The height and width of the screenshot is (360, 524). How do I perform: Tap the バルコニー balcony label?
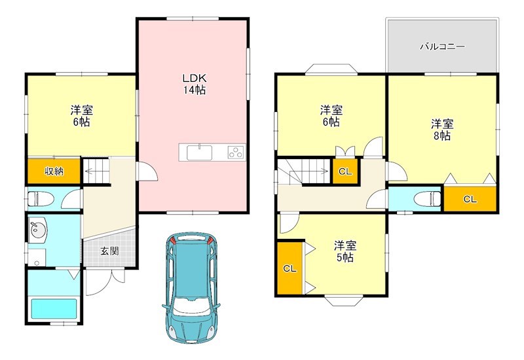[x=442, y=47]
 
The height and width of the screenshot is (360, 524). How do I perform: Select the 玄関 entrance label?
[x=109, y=251]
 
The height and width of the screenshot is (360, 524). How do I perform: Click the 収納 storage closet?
[x=53, y=171]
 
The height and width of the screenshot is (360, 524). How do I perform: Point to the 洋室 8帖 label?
[x=441, y=129]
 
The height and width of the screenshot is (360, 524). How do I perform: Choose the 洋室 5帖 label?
[x=345, y=251]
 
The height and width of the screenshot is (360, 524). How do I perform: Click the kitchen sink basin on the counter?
[x=200, y=153]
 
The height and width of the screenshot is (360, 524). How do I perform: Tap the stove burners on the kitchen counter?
[x=235, y=153]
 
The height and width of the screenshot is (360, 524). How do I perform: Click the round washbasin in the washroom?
[x=36, y=230]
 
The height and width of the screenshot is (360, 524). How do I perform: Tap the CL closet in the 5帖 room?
[x=289, y=268]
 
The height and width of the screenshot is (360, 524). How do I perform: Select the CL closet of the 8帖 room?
[x=470, y=199]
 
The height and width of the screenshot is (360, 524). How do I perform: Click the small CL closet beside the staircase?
[x=345, y=171]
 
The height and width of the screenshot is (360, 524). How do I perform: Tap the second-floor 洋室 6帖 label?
[x=330, y=116]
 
